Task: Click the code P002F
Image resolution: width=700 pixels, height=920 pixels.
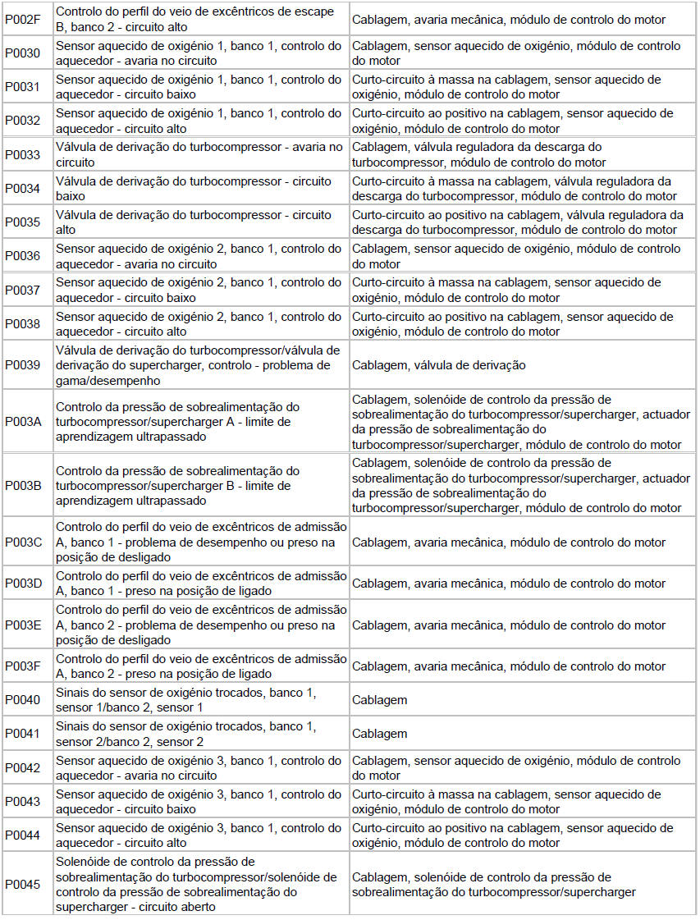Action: [x=22, y=19]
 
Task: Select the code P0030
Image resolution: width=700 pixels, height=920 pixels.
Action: [x=22, y=53]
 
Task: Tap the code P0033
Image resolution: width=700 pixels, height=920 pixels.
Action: [x=22, y=155]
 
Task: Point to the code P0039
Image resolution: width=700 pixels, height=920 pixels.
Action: [x=22, y=365]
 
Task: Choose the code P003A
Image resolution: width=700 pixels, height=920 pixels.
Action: [x=22, y=422]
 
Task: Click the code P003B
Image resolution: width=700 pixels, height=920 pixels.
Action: [x=22, y=485]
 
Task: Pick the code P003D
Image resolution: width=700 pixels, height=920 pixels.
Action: [x=22, y=584]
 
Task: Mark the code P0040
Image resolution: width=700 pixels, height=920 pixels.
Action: [x=22, y=700]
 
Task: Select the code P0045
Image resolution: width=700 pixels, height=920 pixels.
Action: [x=22, y=884]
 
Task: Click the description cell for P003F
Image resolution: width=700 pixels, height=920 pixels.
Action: [x=201, y=666]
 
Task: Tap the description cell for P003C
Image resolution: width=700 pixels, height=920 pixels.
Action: [x=201, y=542]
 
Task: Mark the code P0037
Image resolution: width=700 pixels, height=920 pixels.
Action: [x=22, y=291]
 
